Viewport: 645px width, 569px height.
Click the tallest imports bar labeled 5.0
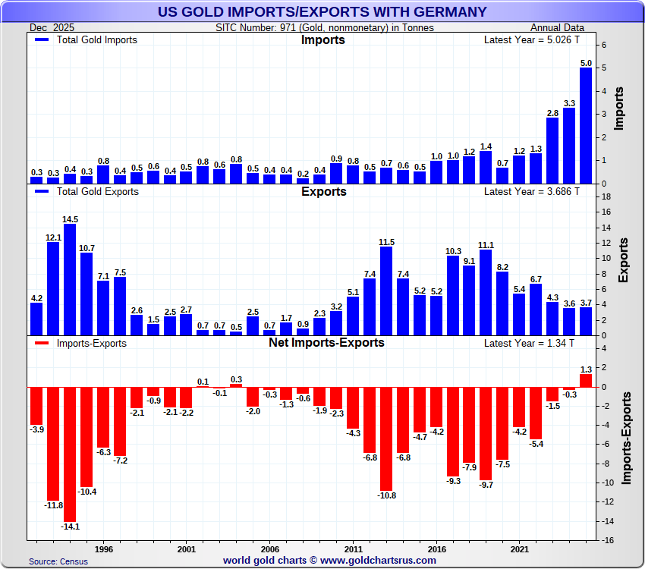point(586,125)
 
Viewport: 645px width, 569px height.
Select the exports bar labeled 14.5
point(70,279)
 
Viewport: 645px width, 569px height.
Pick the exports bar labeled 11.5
point(386,291)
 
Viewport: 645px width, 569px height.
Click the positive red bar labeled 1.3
point(586,381)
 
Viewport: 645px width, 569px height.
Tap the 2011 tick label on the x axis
point(353,548)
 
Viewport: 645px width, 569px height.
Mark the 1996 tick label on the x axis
point(104,548)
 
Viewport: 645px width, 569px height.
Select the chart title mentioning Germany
point(322,11)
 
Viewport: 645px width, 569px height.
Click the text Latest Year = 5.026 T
point(531,39)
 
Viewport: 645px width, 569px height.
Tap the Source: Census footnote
point(58,561)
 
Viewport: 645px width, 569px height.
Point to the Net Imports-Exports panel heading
point(326,342)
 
